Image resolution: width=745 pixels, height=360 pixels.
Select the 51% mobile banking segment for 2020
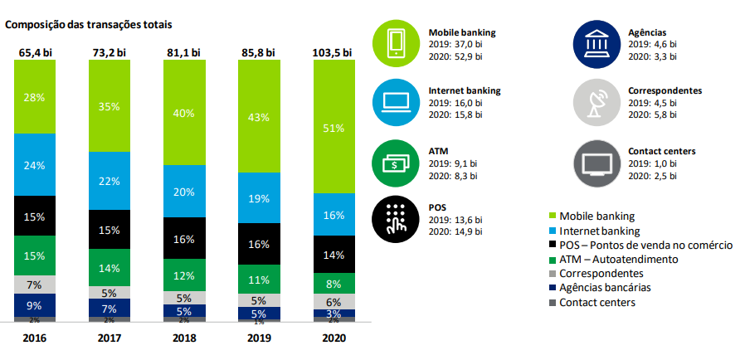[333, 128]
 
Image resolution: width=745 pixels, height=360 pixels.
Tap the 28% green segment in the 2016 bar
[34, 98]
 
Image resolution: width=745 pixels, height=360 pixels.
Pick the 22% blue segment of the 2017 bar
[109, 181]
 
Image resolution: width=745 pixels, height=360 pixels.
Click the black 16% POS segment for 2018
[183, 238]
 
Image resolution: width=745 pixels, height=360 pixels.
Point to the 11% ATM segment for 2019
[258, 279]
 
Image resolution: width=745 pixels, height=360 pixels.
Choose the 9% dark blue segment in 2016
[34, 304]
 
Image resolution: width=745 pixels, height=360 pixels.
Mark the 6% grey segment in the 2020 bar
[333, 301]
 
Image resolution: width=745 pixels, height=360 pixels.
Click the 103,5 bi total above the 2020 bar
[333, 52]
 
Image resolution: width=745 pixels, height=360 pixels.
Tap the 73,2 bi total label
[109, 52]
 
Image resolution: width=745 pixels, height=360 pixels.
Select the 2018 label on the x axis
[183, 338]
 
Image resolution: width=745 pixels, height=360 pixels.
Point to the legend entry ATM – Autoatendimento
[612, 259]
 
